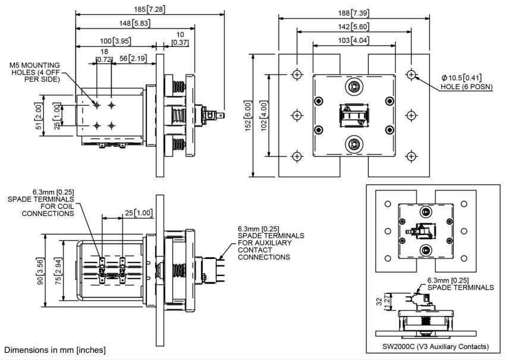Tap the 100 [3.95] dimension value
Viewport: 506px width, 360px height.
pyautogui.click(x=114, y=41)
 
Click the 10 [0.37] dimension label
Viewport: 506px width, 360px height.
pyautogui.click(x=179, y=39)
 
